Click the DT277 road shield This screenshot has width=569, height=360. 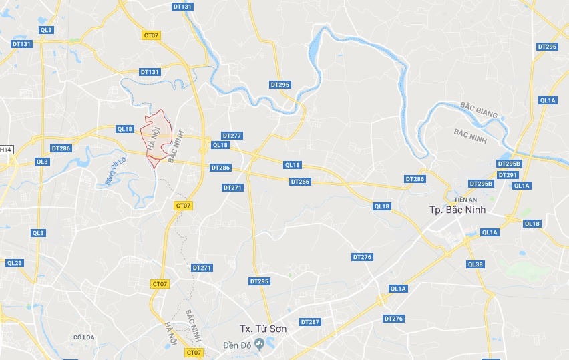coord(231,136)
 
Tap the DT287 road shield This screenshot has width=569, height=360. coord(310,322)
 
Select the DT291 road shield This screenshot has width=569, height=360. coord(508,175)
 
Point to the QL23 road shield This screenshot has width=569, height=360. coord(14,263)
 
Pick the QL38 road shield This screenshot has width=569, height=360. coord(475,264)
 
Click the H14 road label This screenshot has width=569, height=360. coord(6,149)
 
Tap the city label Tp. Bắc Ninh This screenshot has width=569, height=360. coord(457,210)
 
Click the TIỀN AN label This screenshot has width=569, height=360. coord(463,199)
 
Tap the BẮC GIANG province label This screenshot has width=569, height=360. coord(479,110)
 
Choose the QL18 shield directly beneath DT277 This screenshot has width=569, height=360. coord(220,145)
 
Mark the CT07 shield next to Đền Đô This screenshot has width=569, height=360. coord(194,352)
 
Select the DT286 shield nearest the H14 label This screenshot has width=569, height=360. coord(61,148)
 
